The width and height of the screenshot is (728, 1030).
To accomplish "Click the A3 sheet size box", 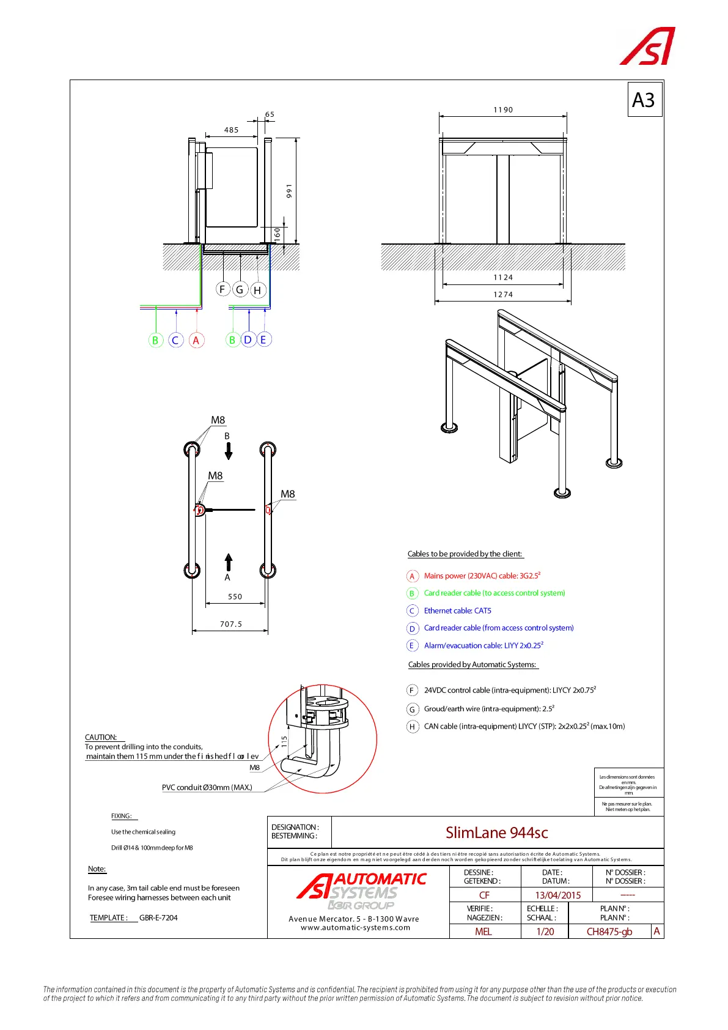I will pyautogui.click(x=644, y=100).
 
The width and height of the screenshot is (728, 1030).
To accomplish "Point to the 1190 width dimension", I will pyautogui.click(x=503, y=110).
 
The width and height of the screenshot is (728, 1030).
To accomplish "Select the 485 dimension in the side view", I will pyautogui.click(x=231, y=130).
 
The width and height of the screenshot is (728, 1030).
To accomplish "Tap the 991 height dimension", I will pyautogui.click(x=290, y=191).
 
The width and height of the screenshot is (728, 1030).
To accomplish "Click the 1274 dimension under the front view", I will pyautogui.click(x=503, y=295).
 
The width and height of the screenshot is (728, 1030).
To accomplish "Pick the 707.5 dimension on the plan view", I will pyautogui.click(x=231, y=624).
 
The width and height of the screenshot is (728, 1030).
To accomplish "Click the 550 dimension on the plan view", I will pyautogui.click(x=235, y=597).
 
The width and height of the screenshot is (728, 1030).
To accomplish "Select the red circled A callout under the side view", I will pyautogui.click(x=196, y=341).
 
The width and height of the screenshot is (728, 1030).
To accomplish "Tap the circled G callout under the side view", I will pyautogui.click(x=240, y=289).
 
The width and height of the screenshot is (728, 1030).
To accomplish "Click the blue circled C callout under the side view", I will pyautogui.click(x=175, y=341).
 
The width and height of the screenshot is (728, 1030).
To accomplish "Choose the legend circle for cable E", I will pyautogui.click(x=412, y=646).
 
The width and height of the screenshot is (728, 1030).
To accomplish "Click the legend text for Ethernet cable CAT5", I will pyautogui.click(x=457, y=611).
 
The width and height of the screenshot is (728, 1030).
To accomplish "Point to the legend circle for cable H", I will pyautogui.click(x=412, y=727).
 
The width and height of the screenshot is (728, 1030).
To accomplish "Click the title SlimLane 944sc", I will pyautogui.click(x=496, y=833).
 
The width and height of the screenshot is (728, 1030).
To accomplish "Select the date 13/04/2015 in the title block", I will pyautogui.click(x=557, y=895).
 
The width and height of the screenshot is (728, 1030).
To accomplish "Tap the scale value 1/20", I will pyautogui.click(x=545, y=932).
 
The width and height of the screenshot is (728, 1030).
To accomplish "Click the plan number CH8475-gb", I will pyautogui.click(x=609, y=932).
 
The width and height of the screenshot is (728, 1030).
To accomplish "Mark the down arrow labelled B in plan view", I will pyautogui.click(x=229, y=451).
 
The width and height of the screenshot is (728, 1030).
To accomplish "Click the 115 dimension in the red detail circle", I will pyautogui.click(x=284, y=741).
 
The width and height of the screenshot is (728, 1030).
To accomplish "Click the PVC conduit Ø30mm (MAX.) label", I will pyautogui.click(x=207, y=788).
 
